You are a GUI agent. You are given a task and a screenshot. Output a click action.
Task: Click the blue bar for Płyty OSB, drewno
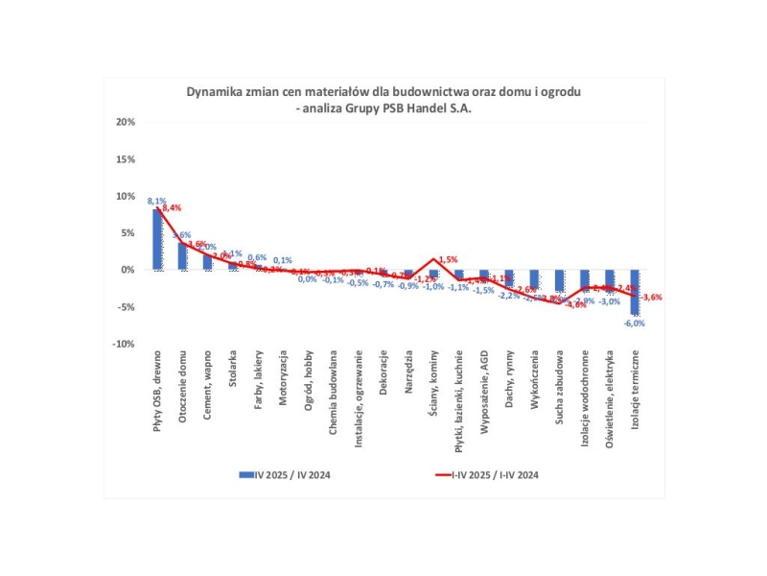pos(157,239)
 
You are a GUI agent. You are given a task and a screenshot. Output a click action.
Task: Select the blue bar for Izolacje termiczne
pos(634,293)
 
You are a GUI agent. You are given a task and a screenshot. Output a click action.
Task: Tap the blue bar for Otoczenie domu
pos(182,255)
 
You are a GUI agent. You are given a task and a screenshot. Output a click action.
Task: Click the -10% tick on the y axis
pos(127,344)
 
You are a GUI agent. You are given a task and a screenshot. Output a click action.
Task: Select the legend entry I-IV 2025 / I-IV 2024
pos(497,474)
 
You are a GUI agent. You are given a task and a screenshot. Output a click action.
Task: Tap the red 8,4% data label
pos(173,207)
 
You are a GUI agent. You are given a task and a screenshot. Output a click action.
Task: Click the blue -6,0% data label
pos(634,324)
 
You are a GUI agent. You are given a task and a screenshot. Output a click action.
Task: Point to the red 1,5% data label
pos(449,259)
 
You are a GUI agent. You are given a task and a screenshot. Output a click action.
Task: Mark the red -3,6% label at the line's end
pos(653,298)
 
